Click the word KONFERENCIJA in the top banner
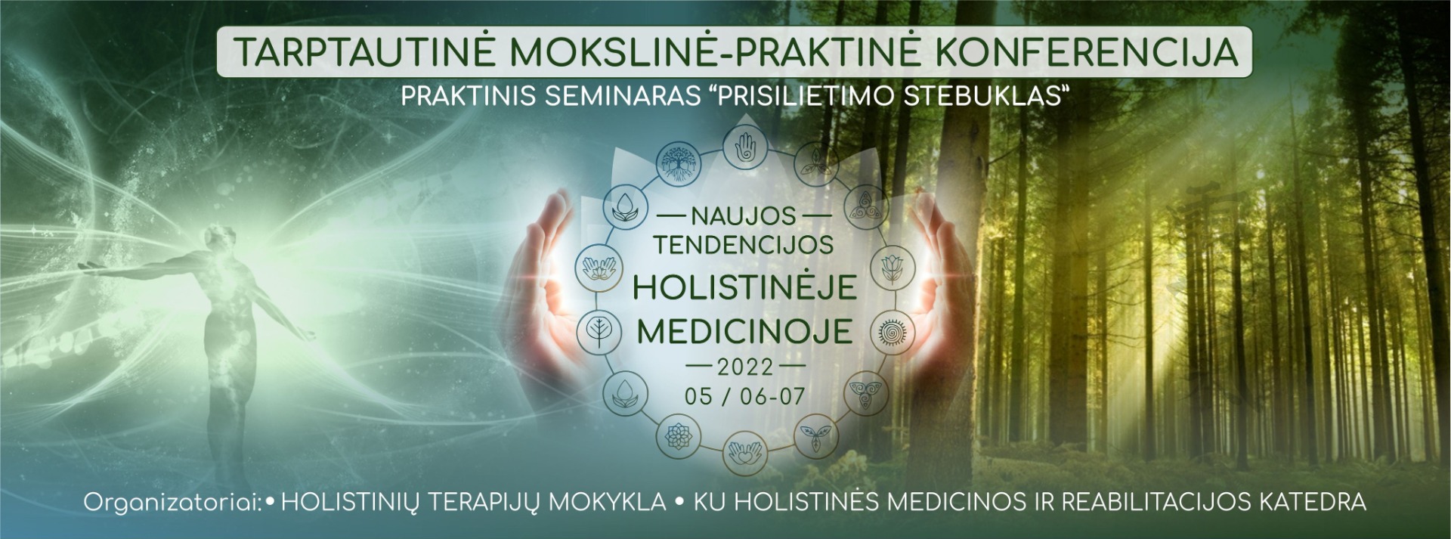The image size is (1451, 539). [x=1087, y=51]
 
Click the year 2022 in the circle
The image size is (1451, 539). [x=745, y=367]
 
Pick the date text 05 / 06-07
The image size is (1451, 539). [x=745, y=396]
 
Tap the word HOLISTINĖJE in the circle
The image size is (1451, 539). [x=744, y=287]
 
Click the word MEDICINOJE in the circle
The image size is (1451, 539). [x=744, y=332]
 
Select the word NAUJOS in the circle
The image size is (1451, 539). [x=744, y=216]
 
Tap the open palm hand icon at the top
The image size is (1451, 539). [x=745, y=145]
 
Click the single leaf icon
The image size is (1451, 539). [x=596, y=332]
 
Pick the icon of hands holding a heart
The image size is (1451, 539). [x=745, y=454]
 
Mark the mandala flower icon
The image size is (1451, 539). [x=674, y=436]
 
